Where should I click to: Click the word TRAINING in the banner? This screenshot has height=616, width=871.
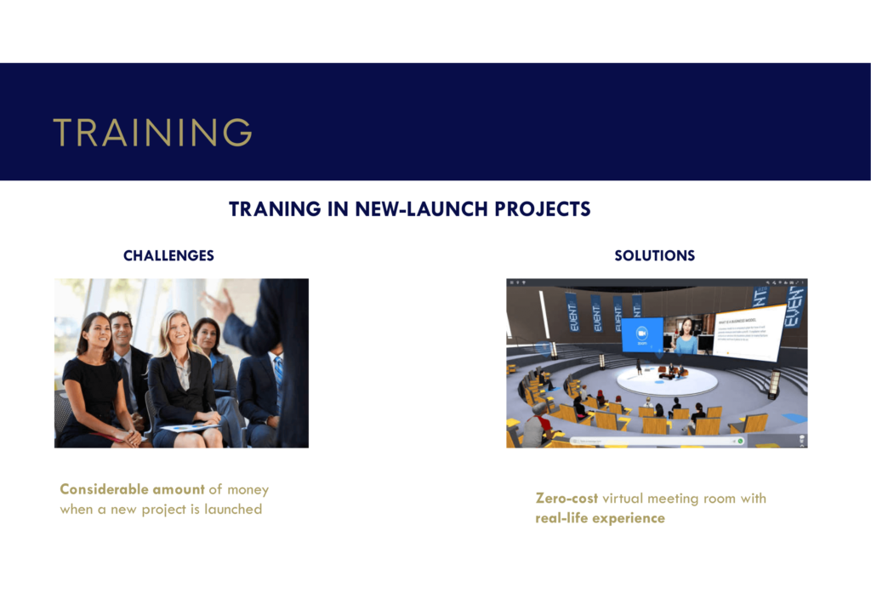[152, 133]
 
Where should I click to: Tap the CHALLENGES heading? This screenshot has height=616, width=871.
[168, 255]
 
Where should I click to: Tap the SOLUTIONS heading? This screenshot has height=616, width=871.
[654, 255]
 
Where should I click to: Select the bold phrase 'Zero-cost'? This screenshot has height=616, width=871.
[566, 499]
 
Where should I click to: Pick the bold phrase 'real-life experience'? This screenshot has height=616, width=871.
[600, 518]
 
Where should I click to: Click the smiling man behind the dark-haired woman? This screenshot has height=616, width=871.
[121, 329]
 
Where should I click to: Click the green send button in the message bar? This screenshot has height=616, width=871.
[741, 442]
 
